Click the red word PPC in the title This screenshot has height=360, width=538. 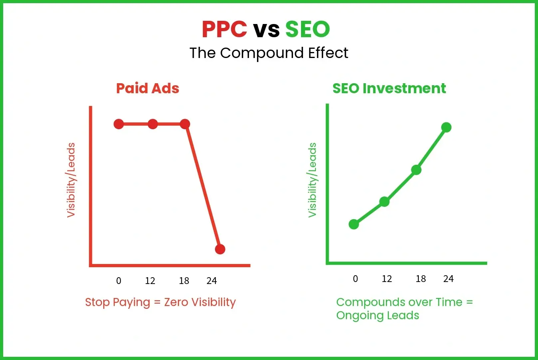(x=224, y=29)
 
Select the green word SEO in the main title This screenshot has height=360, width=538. (x=307, y=29)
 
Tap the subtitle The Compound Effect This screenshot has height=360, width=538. (x=269, y=53)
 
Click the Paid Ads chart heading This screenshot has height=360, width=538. (x=148, y=88)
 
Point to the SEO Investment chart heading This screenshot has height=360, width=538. (x=389, y=88)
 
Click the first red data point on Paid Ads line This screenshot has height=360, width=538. (x=119, y=124)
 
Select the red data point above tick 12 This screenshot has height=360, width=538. (x=153, y=124)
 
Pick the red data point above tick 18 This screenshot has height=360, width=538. (x=185, y=124)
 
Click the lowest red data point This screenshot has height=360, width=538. (x=220, y=249)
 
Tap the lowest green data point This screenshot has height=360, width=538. (x=354, y=224)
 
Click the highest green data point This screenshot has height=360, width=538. (x=446, y=127)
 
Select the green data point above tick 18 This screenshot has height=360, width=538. (x=416, y=170)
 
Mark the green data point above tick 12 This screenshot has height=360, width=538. (x=384, y=202)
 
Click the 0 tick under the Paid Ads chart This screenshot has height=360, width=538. (x=118, y=281)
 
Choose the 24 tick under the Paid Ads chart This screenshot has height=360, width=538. (x=212, y=281)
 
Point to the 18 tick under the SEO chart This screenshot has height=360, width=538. (x=421, y=279)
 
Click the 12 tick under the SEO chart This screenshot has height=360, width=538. (x=387, y=279)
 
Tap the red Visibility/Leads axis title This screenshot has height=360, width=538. (x=71, y=180)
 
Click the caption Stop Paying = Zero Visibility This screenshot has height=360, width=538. (x=160, y=302)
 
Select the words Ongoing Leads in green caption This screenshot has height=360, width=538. (x=377, y=316)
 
